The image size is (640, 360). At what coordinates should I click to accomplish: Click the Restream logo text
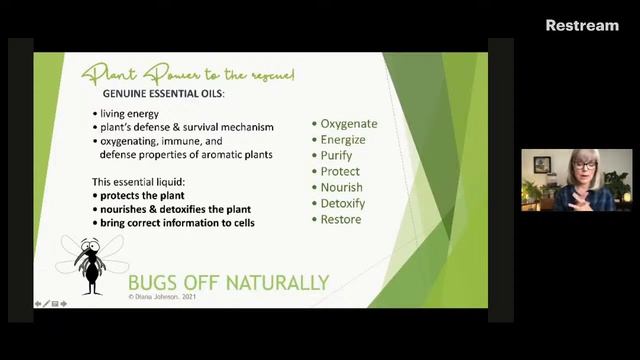pyautogui.click(x=582, y=25)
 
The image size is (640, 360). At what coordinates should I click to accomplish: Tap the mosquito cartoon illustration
pyautogui.click(x=91, y=263)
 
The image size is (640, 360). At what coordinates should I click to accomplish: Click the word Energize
pyautogui.click(x=343, y=140)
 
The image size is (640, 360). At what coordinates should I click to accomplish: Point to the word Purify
pyautogui.click(x=338, y=156)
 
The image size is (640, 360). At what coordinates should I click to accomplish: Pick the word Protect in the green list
pyautogui.click(x=340, y=172)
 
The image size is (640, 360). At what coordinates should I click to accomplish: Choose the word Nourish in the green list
pyautogui.click(x=341, y=188)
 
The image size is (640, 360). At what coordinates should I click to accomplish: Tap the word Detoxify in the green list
pyautogui.click(x=342, y=204)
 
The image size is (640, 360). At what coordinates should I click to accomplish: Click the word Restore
pyautogui.click(x=340, y=220)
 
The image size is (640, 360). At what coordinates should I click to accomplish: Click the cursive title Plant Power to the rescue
pyautogui.click(x=188, y=73)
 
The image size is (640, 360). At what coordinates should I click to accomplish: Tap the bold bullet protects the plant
pyautogui.click(x=141, y=196)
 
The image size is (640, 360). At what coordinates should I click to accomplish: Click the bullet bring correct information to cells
pyautogui.click(x=176, y=223)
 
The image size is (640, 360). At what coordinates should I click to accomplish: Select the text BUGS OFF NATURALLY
pyautogui.click(x=228, y=282)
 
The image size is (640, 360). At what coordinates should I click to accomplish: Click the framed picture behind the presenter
pyautogui.click(x=542, y=164)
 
